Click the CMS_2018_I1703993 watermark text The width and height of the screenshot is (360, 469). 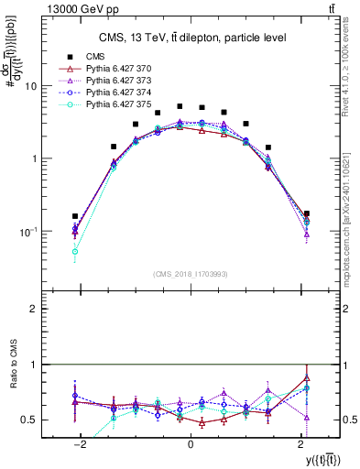tap(191, 273)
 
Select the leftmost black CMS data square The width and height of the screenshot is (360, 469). tap(75, 216)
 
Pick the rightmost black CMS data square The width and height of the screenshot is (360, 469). tap(306, 213)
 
